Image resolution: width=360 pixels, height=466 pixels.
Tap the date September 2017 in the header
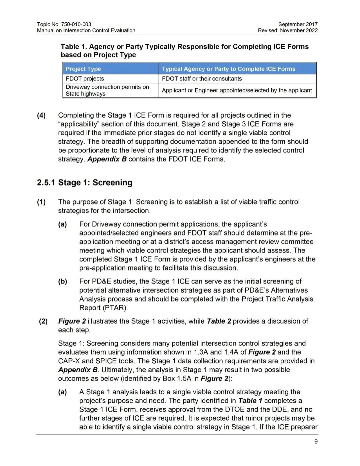coord(298,24)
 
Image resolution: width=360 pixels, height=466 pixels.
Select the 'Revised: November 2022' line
coord(288,30)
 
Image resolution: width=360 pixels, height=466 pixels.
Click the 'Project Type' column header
coord(83,69)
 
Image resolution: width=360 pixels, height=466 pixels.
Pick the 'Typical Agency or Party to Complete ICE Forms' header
coord(229,69)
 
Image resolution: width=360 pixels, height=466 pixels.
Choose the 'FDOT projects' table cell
coord(85,79)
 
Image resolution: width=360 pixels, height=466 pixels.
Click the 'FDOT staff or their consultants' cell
coord(202,79)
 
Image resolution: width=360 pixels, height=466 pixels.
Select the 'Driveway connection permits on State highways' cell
coord(107,90)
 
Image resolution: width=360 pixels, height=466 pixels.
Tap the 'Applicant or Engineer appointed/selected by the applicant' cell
coord(237,90)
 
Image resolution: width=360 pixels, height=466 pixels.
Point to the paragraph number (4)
coord(41,115)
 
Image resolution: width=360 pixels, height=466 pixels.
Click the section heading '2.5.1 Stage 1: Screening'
coord(85,182)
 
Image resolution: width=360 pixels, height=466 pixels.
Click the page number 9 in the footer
coord(316,442)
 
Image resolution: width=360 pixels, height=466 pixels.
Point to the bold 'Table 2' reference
coord(219,321)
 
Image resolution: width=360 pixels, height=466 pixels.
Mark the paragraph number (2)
coord(43,321)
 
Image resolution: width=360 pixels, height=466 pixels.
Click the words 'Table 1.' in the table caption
coord(74,47)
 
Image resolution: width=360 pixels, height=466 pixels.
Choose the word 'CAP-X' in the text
coord(69,361)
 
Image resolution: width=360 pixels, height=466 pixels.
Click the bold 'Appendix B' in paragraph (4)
coord(107,159)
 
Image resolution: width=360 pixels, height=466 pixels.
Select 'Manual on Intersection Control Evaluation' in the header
coord(86,30)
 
